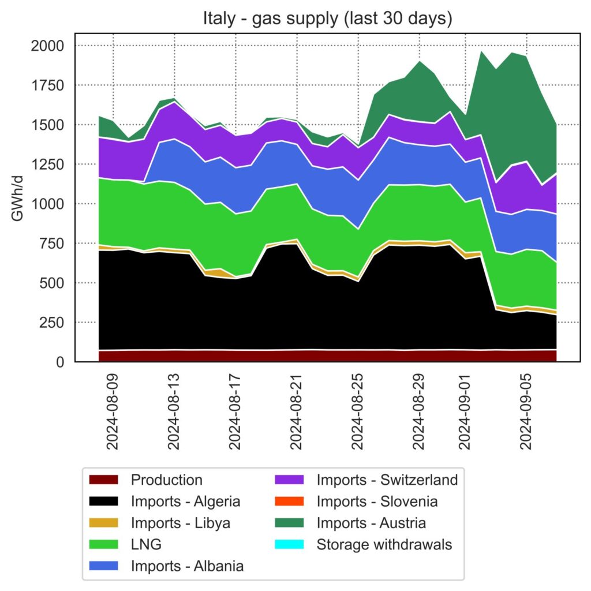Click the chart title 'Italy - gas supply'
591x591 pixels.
327,18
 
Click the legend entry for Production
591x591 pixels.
166,480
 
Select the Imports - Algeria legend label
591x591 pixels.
185,502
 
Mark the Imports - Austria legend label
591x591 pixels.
371,523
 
